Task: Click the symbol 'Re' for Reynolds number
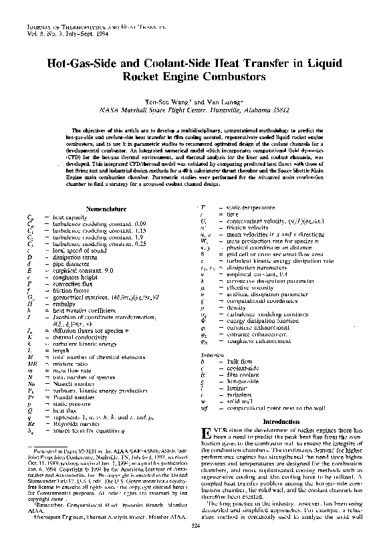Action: click(x=31, y=424)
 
